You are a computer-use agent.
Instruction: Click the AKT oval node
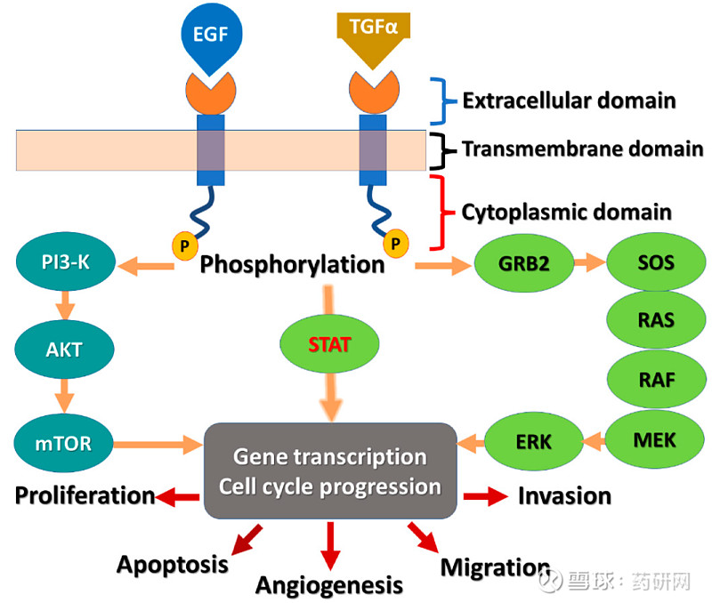[63, 349]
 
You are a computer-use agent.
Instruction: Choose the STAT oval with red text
[331, 342]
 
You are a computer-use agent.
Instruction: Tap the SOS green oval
[656, 263]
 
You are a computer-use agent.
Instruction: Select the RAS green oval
[656, 321]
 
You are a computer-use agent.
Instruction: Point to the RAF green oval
[656, 380]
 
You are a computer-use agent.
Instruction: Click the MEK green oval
[656, 438]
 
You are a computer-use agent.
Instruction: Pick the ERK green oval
[533, 440]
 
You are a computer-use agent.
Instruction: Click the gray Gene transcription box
[330, 470]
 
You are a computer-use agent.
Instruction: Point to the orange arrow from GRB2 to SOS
[587, 263]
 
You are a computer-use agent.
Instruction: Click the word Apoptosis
[173, 564]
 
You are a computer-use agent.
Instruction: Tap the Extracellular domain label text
[569, 100]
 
